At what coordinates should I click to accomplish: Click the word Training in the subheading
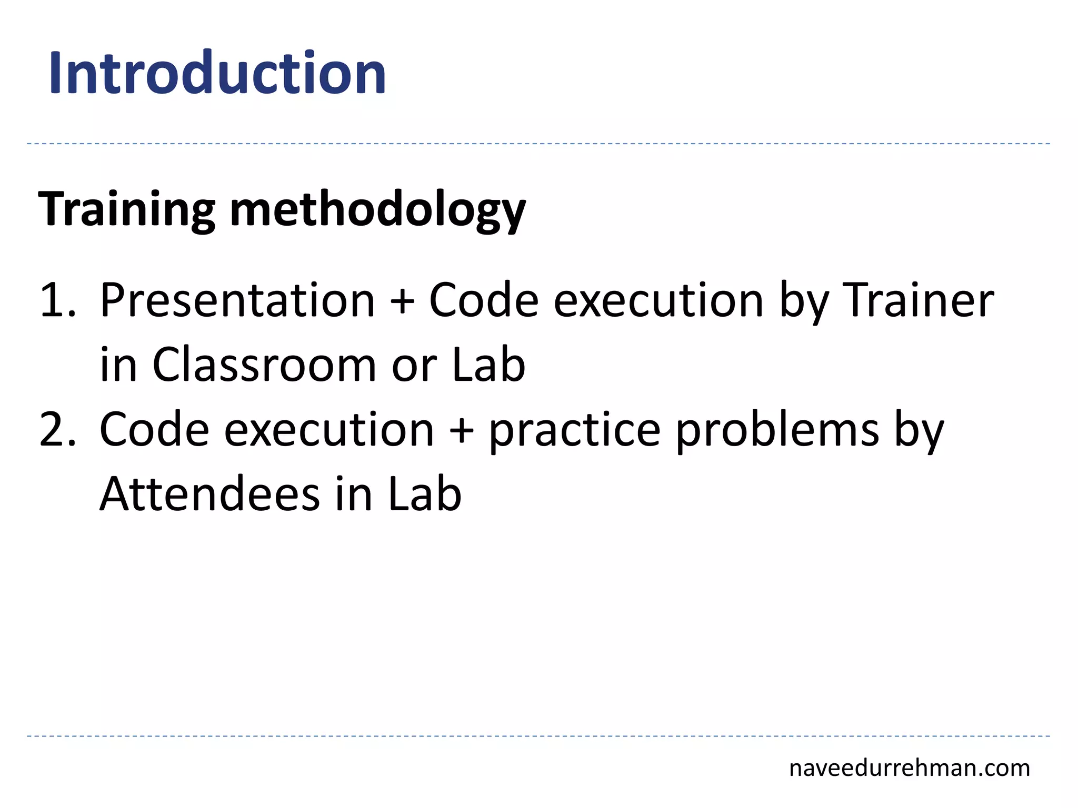pyautogui.click(x=127, y=209)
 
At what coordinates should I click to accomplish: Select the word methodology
pyautogui.click(x=377, y=210)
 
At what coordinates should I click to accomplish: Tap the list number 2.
pyautogui.click(x=57, y=429)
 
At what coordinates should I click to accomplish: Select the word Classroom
pyautogui.click(x=264, y=365)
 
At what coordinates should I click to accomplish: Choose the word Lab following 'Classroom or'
pyautogui.click(x=488, y=365)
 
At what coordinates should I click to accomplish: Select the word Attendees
pyautogui.click(x=210, y=494)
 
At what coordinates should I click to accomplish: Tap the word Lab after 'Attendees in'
pyautogui.click(x=425, y=494)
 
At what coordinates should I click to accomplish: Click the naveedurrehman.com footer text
pyautogui.click(x=910, y=768)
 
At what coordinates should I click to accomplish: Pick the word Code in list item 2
pyautogui.click(x=154, y=429)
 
